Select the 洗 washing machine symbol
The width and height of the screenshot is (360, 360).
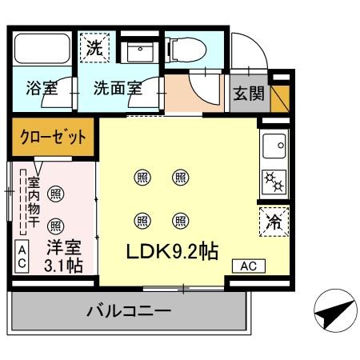pos(94,47)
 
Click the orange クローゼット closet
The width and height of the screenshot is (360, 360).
pos(54,137)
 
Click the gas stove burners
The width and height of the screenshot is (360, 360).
pos(274,183)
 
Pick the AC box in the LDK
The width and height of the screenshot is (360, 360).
pos(247,266)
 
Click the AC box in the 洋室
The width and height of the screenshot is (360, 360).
pos(22,257)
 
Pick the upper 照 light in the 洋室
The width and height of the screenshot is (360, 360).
pos(57,193)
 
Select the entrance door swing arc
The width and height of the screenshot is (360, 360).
pos(247,51)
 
